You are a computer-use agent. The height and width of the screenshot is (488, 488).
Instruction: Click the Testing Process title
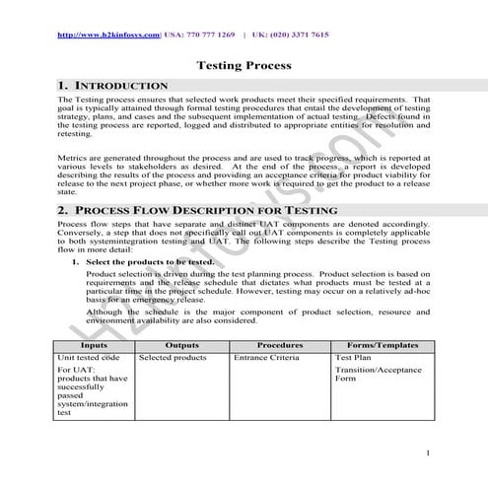(244, 66)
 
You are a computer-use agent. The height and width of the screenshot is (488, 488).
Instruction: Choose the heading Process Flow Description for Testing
(197, 211)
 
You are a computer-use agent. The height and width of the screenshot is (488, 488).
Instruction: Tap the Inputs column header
(95, 345)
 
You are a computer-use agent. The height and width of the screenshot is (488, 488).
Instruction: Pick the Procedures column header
(279, 345)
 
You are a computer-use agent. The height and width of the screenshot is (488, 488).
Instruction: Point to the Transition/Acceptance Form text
(379, 374)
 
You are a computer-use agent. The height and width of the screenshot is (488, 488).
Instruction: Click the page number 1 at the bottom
(430, 453)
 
